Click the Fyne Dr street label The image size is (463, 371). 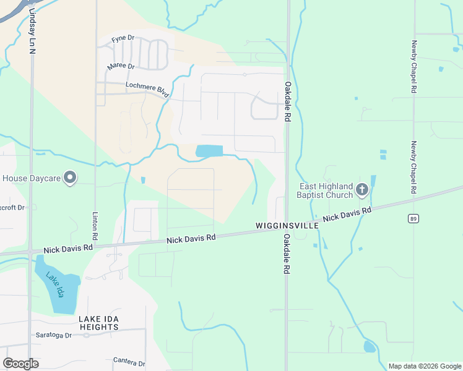pos(123,39)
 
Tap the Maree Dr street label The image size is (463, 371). pos(121,66)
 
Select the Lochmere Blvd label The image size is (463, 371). pos(147,89)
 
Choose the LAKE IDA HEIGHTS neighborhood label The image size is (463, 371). pos(98,323)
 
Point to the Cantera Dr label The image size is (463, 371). pos(129,362)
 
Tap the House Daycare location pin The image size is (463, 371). pos(71,178)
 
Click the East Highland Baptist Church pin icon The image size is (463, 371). pos(362,190)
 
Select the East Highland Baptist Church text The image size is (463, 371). pos(326,190)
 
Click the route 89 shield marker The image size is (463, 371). pos(413,218)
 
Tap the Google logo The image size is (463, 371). pos(20,364)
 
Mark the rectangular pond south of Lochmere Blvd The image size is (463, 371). pos(209,151)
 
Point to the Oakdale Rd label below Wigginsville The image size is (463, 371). pos(287,254)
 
